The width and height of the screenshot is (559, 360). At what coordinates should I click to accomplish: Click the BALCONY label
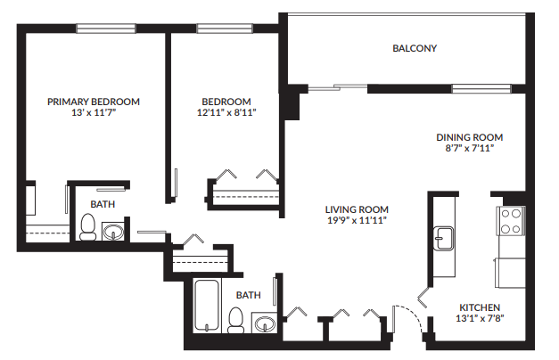point(415,48)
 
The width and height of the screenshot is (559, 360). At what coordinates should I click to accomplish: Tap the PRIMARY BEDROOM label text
point(94,102)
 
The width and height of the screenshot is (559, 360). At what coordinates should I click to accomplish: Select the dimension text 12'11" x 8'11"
point(226,113)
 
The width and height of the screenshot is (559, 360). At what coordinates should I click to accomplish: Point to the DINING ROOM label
point(469,137)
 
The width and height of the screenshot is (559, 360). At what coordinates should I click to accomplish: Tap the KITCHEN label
point(479,307)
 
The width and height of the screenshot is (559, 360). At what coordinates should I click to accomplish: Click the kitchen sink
point(443,238)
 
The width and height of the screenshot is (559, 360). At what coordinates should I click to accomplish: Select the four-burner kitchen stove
point(510,220)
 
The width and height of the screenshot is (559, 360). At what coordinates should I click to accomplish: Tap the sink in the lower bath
point(265,323)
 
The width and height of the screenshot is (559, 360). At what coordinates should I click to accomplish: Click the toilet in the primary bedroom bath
point(88,229)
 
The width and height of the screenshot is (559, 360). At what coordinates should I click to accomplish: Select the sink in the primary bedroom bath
point(113,233)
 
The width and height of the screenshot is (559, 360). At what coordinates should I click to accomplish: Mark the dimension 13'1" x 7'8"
point(479,318)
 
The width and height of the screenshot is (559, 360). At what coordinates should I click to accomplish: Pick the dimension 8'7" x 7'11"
point(469,149)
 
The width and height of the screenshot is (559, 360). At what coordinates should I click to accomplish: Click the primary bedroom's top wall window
point(105,29)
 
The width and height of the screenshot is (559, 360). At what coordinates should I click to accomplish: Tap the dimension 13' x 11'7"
point(94,113)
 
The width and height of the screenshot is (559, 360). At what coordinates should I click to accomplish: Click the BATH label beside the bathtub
point(249,294)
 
